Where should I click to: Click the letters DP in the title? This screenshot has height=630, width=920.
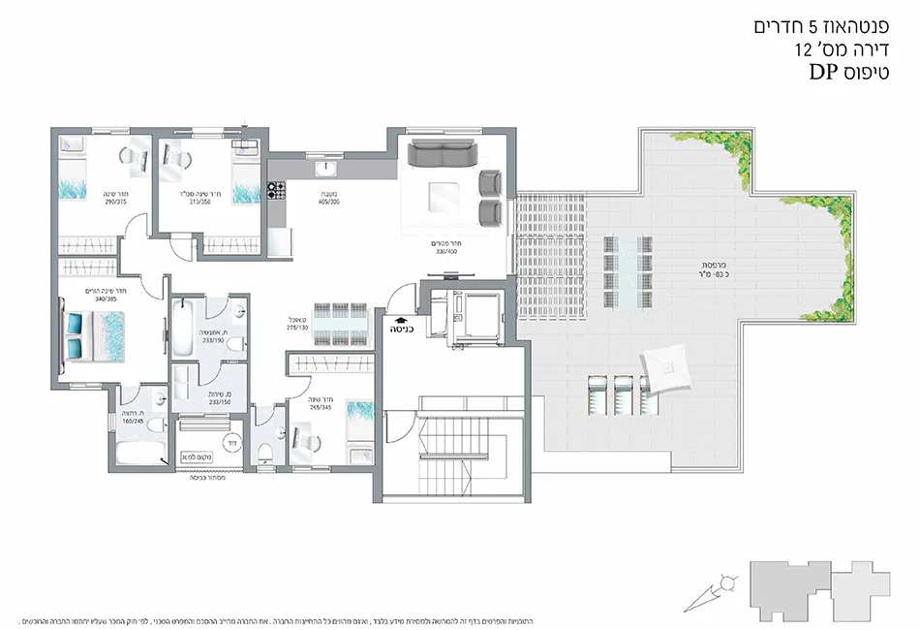click(824, 71)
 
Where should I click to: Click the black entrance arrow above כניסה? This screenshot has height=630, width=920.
click(399, 316)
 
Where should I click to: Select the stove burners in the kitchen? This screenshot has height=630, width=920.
click(274, 190)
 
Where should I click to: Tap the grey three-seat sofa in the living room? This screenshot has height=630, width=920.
click(442, 153)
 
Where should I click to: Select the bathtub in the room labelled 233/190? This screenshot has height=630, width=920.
click(183, 328)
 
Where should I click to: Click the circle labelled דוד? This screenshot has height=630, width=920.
click(232, 442)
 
